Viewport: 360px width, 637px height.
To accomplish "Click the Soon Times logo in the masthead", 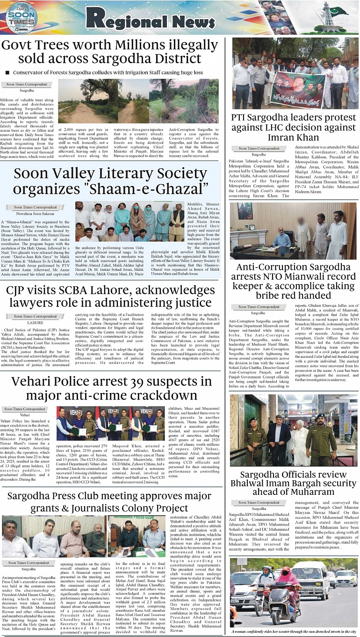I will click(x=20, y=17).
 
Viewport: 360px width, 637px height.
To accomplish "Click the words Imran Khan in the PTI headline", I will click(x=293, y=138).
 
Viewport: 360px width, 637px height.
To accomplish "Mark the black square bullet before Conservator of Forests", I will click(x=7, y=72).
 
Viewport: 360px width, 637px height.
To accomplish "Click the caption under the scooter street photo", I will click(x=294, y=631).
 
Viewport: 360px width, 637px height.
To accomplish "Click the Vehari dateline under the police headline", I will click(x=25, y=415).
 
